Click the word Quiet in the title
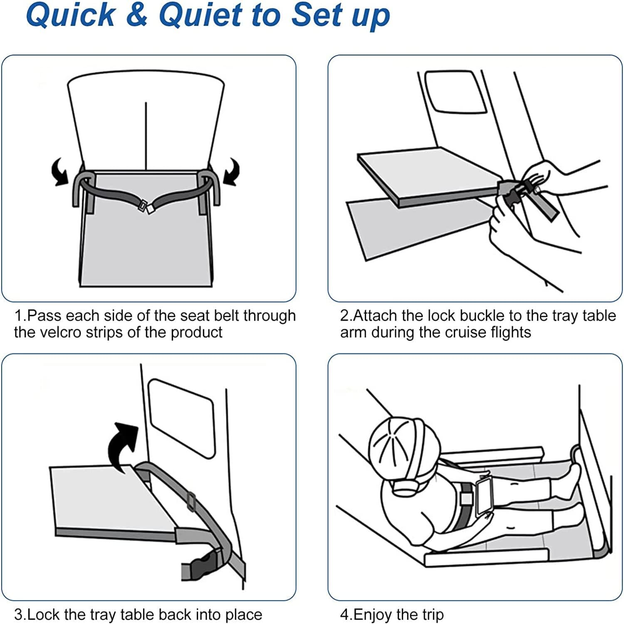(x=200, y=15)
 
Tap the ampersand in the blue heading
(x=137, y=15)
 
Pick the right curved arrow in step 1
(x=232, y=171)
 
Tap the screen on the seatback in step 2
(x=456, y=92)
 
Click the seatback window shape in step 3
(x=182, y=418)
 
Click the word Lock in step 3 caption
(x=43, y=614)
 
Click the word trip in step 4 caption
(x=432, y=615)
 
